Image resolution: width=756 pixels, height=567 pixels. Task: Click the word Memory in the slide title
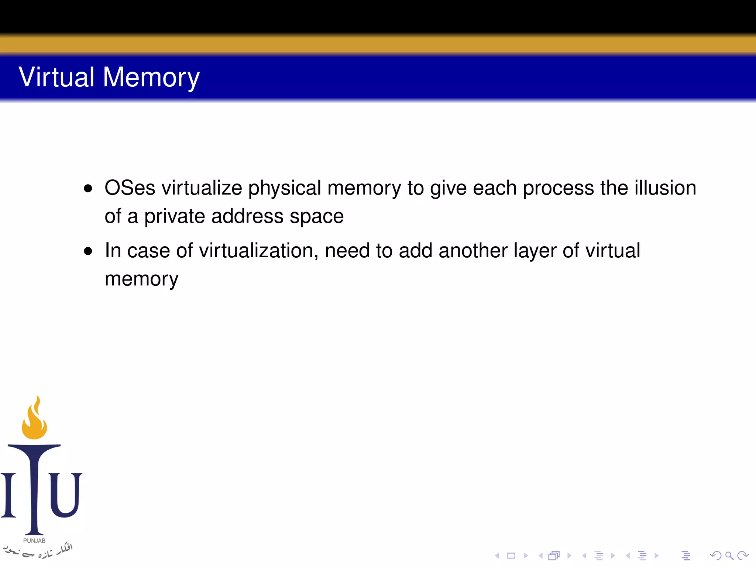151,77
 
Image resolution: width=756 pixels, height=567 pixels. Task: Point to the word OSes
130,188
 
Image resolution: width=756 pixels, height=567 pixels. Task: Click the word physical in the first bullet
284,188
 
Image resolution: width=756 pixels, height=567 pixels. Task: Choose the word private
175,216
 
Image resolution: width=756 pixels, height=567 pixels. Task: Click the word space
317,216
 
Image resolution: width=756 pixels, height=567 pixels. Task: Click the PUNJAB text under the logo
34,541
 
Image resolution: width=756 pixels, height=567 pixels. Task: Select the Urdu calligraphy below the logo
39,551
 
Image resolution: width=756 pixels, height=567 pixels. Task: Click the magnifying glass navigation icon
729,556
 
